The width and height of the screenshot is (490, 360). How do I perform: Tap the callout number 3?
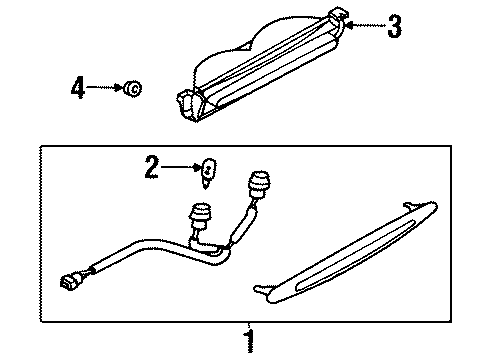point(395,27)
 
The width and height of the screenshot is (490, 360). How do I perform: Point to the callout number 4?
point(78,89)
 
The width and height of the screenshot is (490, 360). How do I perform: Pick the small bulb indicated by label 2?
point(207,169)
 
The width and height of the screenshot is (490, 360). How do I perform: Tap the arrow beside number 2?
point(180,169)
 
